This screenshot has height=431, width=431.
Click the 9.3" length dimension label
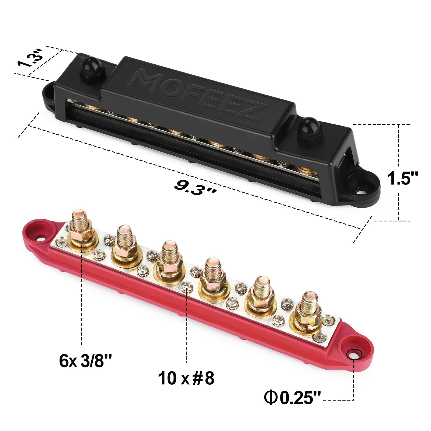[194, 187]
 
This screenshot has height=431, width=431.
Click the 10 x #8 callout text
[186, 378]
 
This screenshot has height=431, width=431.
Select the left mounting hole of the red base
[41, 239]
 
